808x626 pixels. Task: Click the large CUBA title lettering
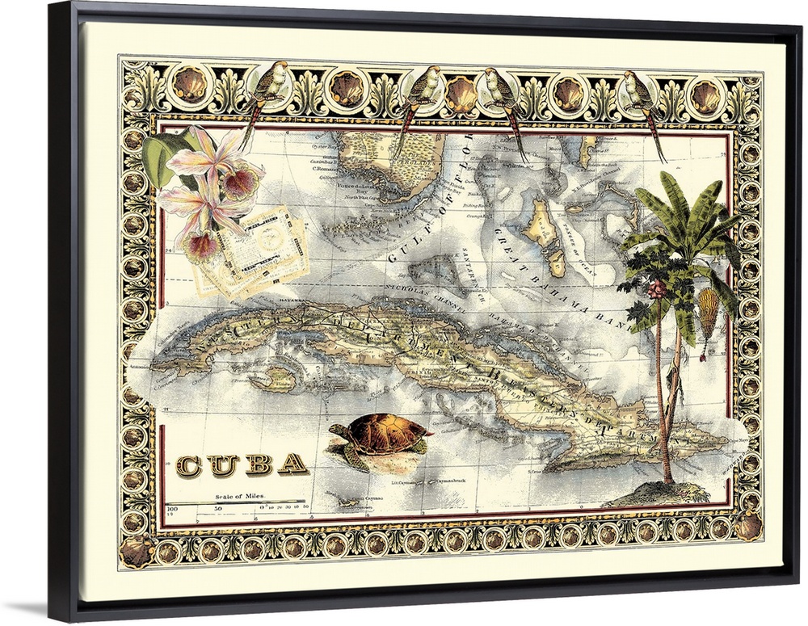[x=242, y=464]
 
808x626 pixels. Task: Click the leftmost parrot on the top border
[x=269, y=87]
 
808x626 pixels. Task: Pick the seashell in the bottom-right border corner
[x=748, y=527]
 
